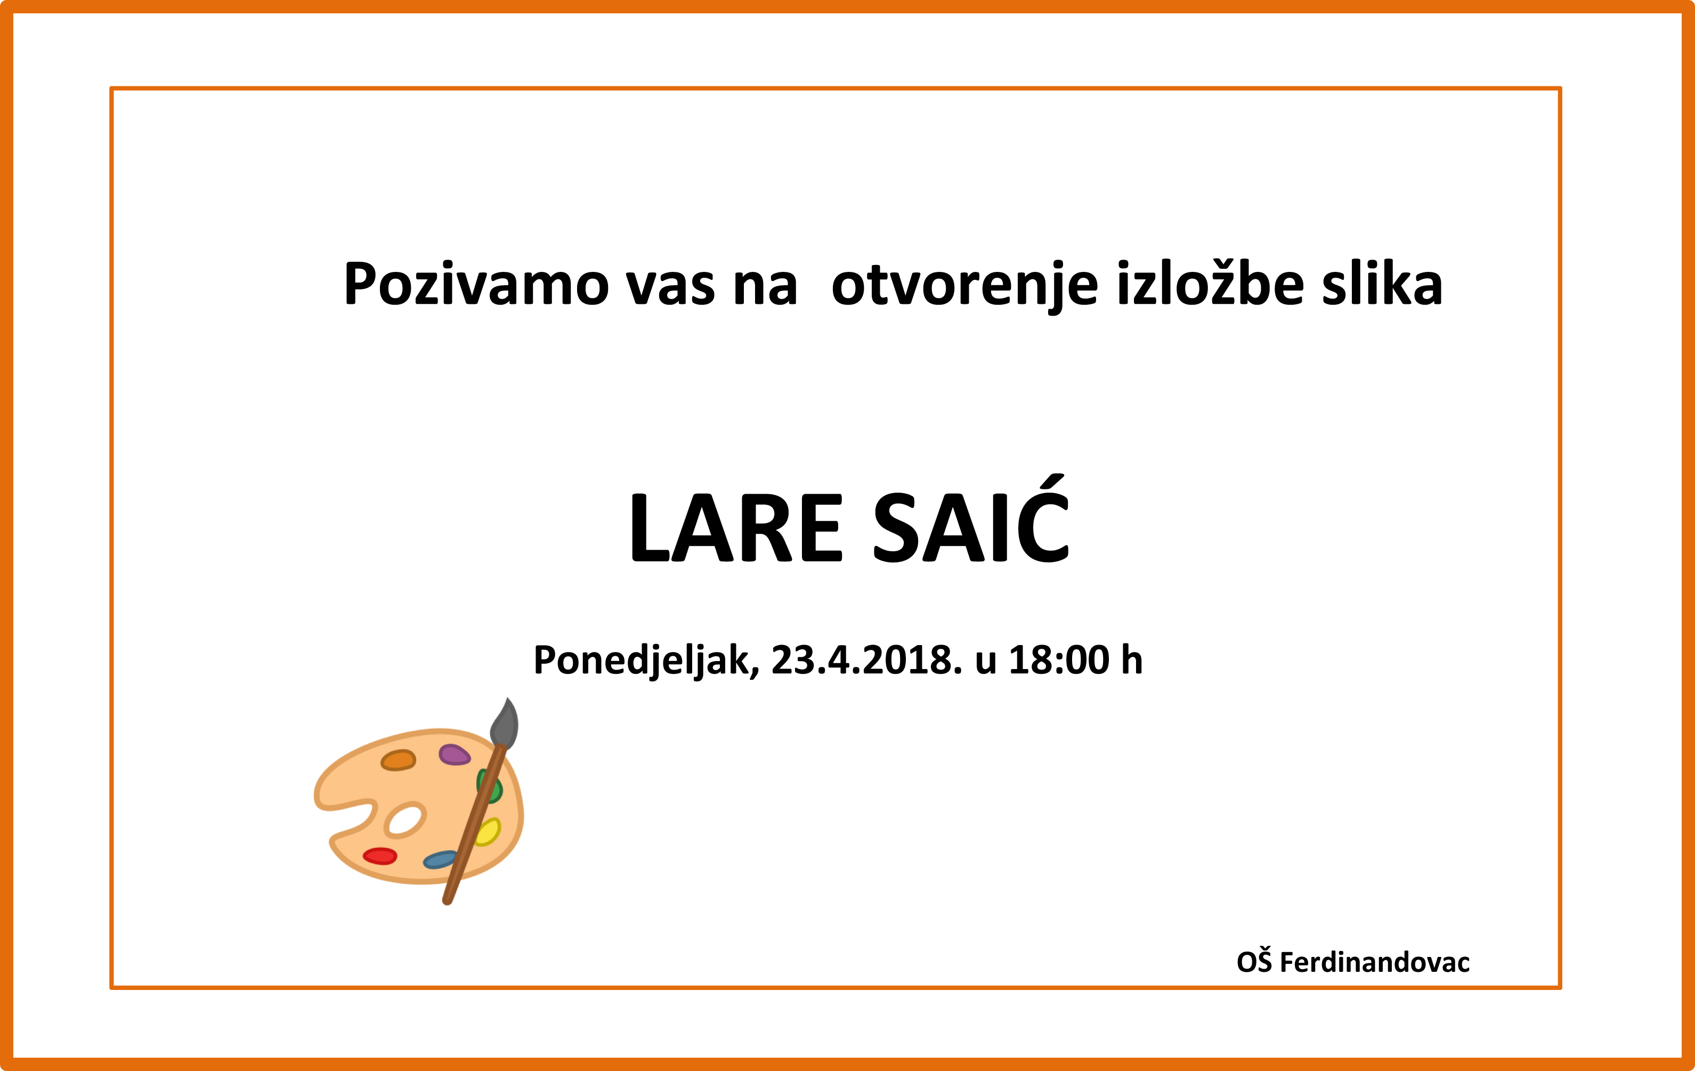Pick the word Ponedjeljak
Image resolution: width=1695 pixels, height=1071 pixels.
point(646,661)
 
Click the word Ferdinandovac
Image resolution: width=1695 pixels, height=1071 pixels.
point(1375,962)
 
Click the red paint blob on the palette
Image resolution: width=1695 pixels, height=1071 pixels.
point(380,856)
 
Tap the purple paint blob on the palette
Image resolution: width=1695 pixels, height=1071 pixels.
point(454,754)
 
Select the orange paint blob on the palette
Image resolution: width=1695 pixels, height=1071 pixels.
point(399,760)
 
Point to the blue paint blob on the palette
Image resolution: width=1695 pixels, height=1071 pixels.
point(441,859)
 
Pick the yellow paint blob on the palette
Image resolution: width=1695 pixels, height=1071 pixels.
point(488,832)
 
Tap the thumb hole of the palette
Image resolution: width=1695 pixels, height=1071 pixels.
point(404,819)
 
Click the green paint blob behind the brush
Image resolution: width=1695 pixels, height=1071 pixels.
point(489,786)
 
